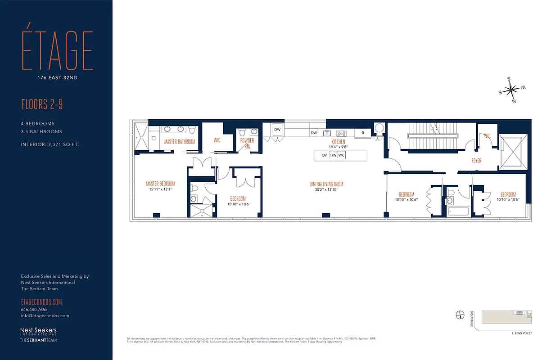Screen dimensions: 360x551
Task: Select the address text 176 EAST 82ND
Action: [57, 77]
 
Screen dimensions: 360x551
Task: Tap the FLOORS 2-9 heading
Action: [42, 105]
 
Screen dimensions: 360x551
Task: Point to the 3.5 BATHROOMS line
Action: [41, 132]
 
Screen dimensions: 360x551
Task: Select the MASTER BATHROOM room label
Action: [180, 142]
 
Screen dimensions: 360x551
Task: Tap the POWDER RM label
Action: [247, 143]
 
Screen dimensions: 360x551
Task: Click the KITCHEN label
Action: [338, 142]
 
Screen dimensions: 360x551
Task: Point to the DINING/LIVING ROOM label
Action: [326, 184]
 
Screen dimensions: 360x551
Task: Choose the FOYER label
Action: [476, 161]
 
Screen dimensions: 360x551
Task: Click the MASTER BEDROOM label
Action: [160, 184]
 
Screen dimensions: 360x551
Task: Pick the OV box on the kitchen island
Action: [324, 155]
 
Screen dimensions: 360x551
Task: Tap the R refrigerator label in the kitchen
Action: [362, 133]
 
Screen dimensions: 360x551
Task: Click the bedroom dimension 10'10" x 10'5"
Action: [508, 200]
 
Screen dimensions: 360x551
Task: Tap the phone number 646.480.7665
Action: [34, 310]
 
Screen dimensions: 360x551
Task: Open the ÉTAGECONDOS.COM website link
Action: [41, 302]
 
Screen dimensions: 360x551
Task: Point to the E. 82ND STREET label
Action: [521, 333]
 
